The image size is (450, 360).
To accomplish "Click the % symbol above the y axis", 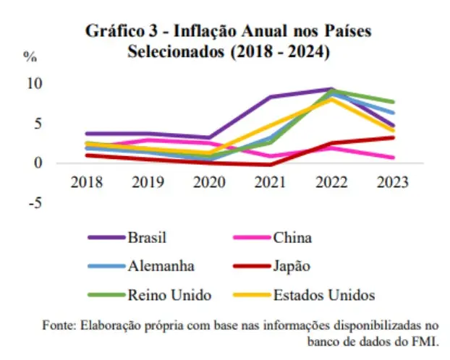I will pyautogui.click(x=30, y=56).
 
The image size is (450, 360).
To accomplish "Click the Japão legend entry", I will pyautogui.click(x=292, y=265).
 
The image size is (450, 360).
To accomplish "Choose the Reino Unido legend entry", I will pyautogui.click(x=169, y=295).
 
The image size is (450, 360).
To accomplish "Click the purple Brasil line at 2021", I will pyautogui.click(x=271, y=97).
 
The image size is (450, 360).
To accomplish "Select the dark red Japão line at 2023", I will pyautogui.click(x=392, y=137).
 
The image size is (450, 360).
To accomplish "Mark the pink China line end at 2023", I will pyautogui.click(x=392, y=157).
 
